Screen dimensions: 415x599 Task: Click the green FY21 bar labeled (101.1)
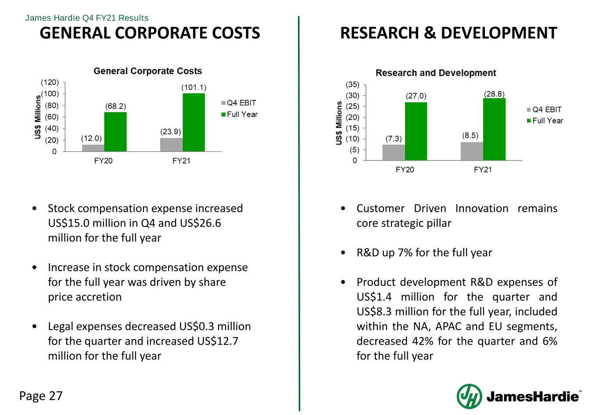coord(194,122)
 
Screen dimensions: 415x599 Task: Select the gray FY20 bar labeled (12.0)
coord(93,148)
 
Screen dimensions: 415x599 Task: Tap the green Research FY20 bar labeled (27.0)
coord(416,131)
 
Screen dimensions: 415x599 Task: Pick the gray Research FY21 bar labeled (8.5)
coord(472,151)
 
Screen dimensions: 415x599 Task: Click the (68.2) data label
coord(115,106)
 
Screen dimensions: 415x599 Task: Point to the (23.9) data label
coord(171,131)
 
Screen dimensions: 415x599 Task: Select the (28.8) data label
coord(494,94)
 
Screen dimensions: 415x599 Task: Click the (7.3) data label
coord(394,138)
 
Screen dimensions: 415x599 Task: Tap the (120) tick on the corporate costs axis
coord(50,82)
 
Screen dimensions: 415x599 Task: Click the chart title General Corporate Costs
coord(148,71)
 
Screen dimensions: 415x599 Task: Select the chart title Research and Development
coord(436,73)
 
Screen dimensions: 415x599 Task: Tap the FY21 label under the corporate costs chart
coord(181,161)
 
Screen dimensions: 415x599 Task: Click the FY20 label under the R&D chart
coord(405,170)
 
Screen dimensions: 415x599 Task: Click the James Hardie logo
coord(520,396)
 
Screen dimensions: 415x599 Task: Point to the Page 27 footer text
coord(41,396)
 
